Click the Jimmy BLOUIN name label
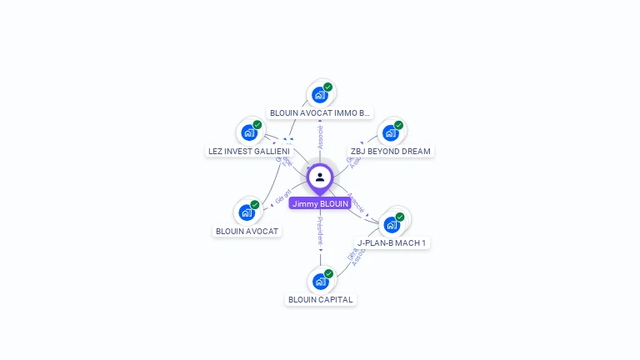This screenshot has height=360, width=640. pos(320,203)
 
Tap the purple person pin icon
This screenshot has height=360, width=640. pos(320,177)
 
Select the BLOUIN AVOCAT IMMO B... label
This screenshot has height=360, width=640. pos(320,112)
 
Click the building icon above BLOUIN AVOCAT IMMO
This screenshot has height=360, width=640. pos(319,94)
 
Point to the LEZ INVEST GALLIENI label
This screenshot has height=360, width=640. pos(248,152)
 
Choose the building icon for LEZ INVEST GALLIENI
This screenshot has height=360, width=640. pos(248,132)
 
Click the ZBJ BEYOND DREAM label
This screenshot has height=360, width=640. pos(391,152)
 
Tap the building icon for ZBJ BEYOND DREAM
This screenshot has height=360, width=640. pos(390,132)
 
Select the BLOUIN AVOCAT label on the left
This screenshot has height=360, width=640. pos(247,231)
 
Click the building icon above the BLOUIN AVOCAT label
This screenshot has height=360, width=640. pos(247,212)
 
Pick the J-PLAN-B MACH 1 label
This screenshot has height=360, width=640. pos(392,243)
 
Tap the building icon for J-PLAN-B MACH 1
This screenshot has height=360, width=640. pos(391,224)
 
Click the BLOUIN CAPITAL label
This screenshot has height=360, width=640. pos(321,300)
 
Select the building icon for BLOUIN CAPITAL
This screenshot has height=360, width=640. pos(320,281)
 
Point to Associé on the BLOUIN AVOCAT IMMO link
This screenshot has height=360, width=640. pos(320,137)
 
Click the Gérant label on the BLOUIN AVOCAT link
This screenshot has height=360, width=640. pos(282,197)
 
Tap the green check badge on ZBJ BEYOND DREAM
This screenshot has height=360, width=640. pos(398,125)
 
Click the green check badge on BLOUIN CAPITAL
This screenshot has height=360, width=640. pos(328,273)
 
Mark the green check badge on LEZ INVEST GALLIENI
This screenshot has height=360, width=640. pos(257,125)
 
